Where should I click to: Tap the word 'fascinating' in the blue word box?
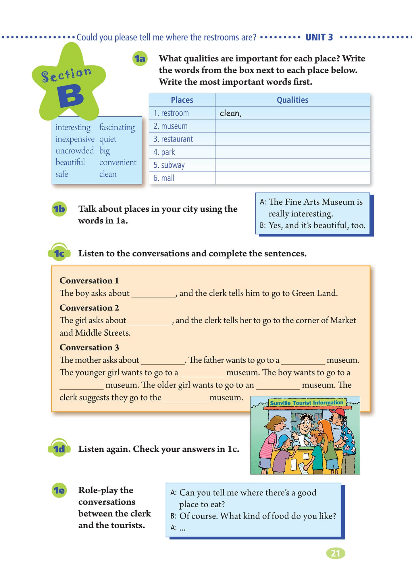(x=117, y=127)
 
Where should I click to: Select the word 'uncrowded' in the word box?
(x=75, y=150)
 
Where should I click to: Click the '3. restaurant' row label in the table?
(x=173, y=139)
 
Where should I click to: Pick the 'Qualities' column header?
(x=292, y=100)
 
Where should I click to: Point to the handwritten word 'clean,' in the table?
(x=230, y=113)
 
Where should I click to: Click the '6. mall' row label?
(x=164, y=178)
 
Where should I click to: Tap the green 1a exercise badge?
(x=140, y=59)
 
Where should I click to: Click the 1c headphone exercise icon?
(x=59, y=253)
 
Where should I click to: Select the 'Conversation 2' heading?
(x=89, y=308)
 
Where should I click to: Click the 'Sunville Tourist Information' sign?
(x=307, y=403)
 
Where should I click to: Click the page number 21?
(x=336, y=553)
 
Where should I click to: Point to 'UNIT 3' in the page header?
(x=319, y=37)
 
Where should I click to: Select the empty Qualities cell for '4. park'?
(x=292, y=152)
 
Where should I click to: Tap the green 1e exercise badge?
(x=59, y=490)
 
